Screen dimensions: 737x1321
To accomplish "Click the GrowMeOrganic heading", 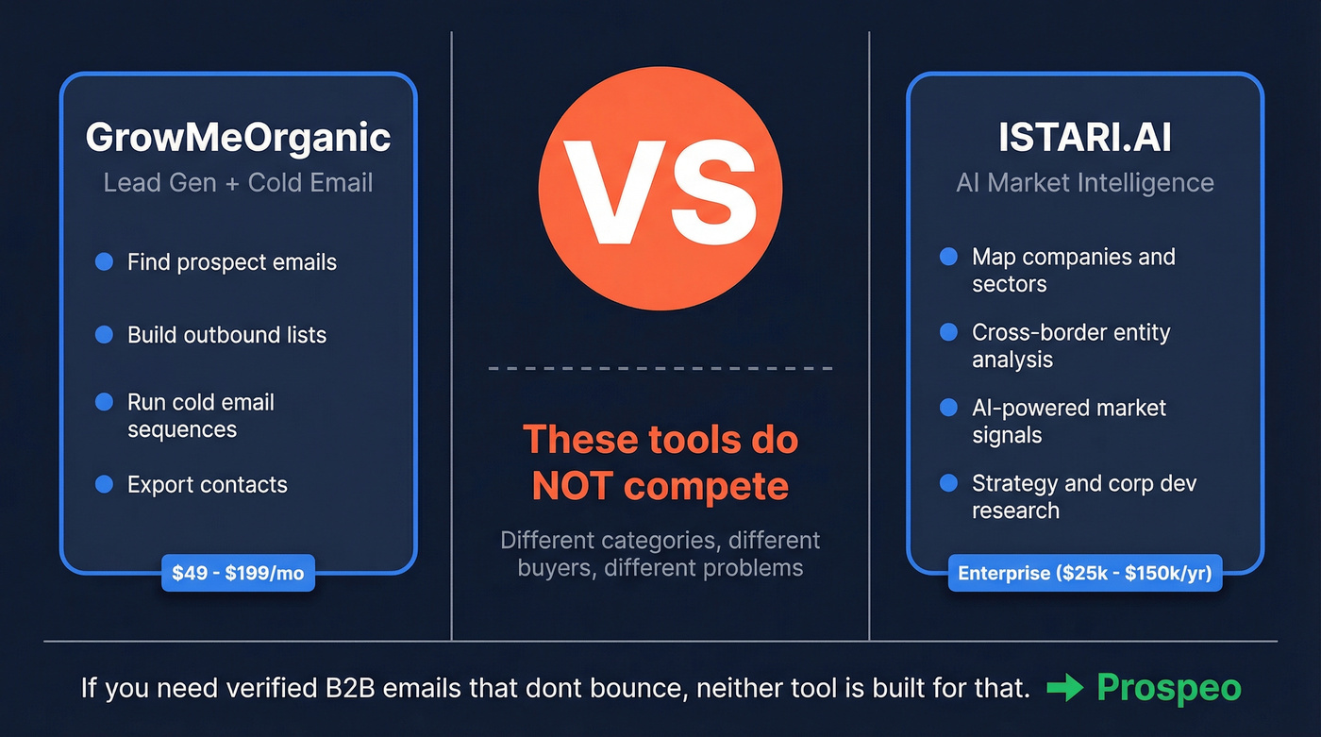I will tap(238, 138).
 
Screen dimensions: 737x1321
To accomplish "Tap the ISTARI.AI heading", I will tap(1085, 138).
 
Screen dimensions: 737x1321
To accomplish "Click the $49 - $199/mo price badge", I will tap(238, 573).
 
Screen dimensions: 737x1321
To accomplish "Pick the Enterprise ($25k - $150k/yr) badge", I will tap(1085, 573).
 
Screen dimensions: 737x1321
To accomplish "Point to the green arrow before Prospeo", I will tap(1065, 689).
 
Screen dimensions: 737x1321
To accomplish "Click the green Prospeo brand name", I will tap(1169, 689).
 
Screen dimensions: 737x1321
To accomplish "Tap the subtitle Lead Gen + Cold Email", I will tap(238, 182).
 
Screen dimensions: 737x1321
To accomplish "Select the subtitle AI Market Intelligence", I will tap(1085, 182).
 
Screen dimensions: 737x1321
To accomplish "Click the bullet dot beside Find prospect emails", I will tap(104, 261).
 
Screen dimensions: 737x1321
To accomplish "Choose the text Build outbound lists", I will tap(226, 335).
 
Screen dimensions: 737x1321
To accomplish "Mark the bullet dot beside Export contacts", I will tap(104, 485).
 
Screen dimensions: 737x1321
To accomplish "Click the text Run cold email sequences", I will tap(201, 416).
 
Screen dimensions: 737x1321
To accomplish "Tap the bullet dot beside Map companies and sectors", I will tap(948, 257).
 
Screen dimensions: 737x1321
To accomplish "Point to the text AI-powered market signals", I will tap(1068, 421).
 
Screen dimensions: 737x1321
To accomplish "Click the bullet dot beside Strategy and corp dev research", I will tap(948, 483).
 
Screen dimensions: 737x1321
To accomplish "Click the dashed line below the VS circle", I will tap(660, 368).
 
